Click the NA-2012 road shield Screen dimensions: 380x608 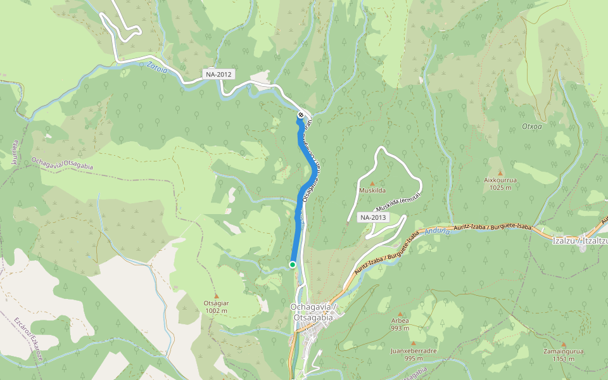pyautogui.click(x=219, y=74)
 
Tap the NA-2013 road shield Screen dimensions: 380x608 pyautogui.click(x=373, y=217)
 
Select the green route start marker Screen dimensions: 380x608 pyautogui.click(x=293, y=264)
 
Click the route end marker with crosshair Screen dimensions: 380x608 pyautogui.click(x=301, y=115)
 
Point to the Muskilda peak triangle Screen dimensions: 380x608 pyautogui.click(x=372, y=183)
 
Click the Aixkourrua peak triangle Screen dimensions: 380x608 pyautogui.click(x=500, y=173)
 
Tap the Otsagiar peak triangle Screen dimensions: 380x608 pyautogui.click(x=217, y=296)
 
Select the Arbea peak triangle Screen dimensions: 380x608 pyautogui.click(x=400, y=313)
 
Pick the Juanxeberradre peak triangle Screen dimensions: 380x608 pyautogui.click(x=414, y=344)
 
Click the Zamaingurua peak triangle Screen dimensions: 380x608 pyautogui.click(x=563, y=344)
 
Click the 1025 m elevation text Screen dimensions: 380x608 pyautogui.click(x=500, y=187)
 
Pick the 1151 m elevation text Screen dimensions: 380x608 pyautogui.click(x=563, y=359)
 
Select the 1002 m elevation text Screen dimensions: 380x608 pyautogui.click(x=216, y=310)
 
